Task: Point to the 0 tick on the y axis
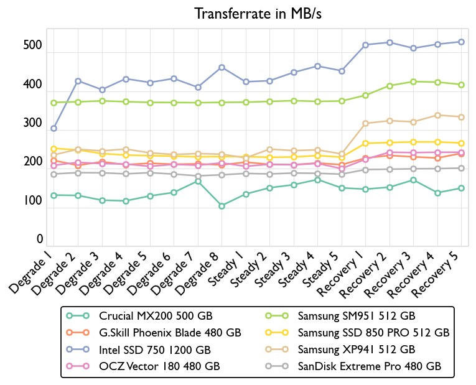coord(39,239)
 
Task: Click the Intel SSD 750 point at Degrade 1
coord(54,129)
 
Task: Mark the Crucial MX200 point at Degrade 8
coord(222,206)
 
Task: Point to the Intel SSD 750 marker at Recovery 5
coord(461,42)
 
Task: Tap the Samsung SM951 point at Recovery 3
coord(413,81)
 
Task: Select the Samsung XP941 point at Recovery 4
coord(437,115)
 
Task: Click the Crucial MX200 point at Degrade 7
coord(198,181)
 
